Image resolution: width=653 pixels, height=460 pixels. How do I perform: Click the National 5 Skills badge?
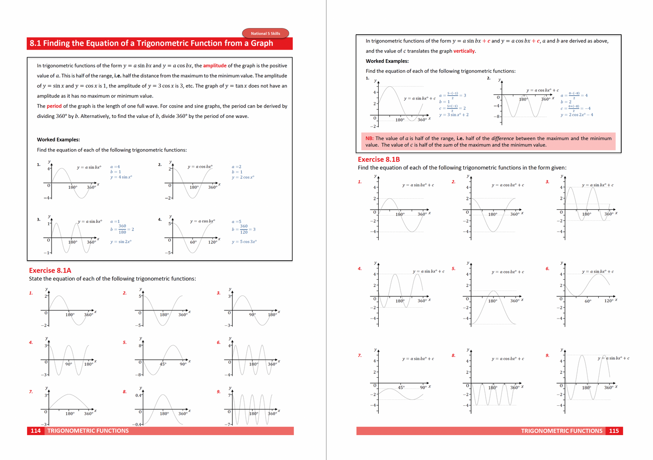(265, 33)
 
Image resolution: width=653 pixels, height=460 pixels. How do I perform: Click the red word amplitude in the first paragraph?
(215, 66)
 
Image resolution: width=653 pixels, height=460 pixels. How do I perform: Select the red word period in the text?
(54, 106)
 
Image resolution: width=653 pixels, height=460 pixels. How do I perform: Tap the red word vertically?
(464, 51)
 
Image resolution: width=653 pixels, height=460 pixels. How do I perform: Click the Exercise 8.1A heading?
(50, 270)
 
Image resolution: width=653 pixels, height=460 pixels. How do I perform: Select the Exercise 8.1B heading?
(379, 160)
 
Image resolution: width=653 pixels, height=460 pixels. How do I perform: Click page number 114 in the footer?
(36, 431)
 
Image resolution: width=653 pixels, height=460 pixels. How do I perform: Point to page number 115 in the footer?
(614, 431)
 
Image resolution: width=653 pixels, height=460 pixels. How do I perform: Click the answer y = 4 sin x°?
(121, 177)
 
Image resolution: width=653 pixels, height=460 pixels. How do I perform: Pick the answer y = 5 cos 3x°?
(244, 242)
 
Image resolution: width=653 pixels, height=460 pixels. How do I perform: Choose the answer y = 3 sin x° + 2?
(454, 115)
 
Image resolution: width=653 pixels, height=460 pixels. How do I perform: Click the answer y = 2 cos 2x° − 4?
(577, 115)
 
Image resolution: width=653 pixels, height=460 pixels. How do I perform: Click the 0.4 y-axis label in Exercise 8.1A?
(138, 395)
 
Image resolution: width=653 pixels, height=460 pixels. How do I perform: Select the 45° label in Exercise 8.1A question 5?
(163, 364)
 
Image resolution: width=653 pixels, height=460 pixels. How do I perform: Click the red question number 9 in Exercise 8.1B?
(547, 356)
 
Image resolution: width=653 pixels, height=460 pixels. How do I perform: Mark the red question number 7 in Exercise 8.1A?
(31, 392)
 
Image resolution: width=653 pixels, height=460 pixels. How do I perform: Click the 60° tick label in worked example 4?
(193, 242)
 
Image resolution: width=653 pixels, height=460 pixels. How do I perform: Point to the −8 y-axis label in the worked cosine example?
(497, 117)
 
